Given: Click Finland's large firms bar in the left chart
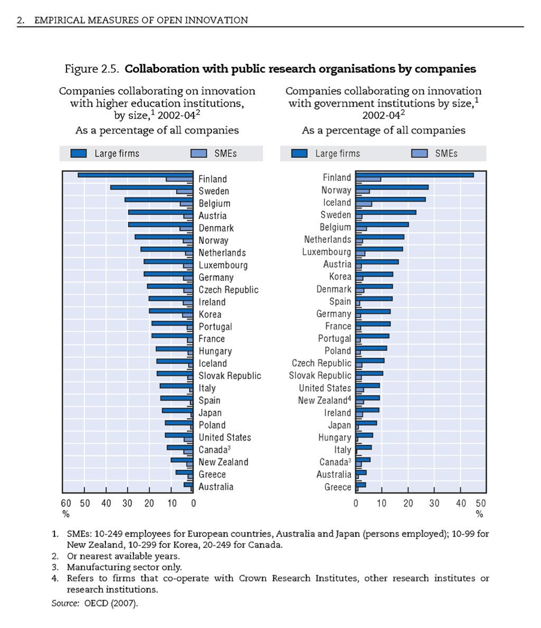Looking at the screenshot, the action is click(135, 175).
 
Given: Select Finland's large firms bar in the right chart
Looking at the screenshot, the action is click(415, 175).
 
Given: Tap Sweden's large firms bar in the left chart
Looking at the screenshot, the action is click(152, 187).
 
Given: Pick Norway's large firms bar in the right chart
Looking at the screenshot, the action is click(392, 187).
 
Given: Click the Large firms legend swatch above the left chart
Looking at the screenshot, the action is click(78, 153).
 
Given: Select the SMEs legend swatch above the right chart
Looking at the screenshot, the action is click(419, 153).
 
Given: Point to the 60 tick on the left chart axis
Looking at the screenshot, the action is click(66, 503).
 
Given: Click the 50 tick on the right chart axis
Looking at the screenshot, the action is click(481, 503).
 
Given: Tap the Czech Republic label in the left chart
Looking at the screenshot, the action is click(228, 290).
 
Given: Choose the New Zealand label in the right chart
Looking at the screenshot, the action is click(324, 400).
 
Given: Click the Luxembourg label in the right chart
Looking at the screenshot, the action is click(327, 252).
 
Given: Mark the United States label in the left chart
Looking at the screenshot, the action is click(225, 438).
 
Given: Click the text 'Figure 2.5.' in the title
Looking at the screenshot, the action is click(92, 69).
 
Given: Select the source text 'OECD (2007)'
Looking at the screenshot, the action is click(111, 603).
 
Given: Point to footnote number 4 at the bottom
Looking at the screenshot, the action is click(55, 578).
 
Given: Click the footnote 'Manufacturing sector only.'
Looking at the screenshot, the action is click(124, 567).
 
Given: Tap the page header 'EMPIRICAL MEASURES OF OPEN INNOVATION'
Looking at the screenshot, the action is click(141, 20).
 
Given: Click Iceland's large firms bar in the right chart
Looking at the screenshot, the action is click(391, 199).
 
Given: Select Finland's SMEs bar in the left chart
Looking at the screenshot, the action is click(179, 179).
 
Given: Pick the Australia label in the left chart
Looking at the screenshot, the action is click(216, 487).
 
